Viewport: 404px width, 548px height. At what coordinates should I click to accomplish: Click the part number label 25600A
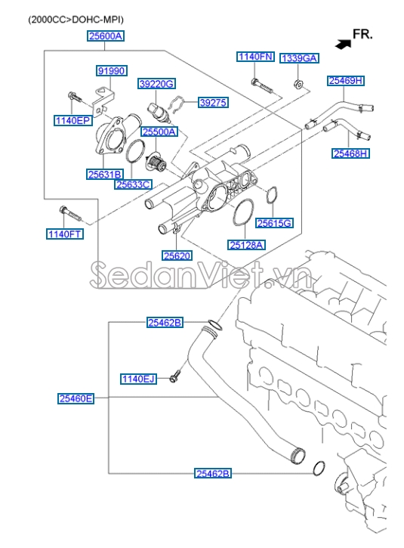point(105,36)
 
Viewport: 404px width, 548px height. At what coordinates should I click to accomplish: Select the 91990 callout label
point(110,71)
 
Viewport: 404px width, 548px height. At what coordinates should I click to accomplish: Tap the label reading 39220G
point(156,83)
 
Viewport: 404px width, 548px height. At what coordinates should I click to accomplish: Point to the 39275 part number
point(213,102)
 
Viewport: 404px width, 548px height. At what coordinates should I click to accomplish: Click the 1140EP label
point(72,121)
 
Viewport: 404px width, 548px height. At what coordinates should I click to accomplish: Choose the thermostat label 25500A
point(159,132)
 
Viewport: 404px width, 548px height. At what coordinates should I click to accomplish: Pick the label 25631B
point(104,175)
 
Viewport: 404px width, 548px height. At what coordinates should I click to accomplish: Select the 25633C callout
point(133,184)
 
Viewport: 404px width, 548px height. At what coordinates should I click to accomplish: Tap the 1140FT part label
point(65,234)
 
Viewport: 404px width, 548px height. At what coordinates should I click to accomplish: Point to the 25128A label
point(247,245)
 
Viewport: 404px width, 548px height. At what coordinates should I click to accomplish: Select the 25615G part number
point(274,223)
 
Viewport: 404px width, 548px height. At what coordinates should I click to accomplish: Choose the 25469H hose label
point(345,80)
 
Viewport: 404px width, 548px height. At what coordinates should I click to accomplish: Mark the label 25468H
point(350,153)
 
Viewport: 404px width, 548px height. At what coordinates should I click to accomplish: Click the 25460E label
point(76,398)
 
